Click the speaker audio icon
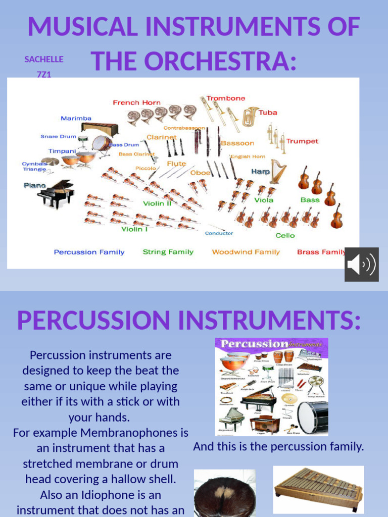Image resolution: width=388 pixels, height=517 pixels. coord(362,265)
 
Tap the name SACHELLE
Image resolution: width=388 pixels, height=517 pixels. coord(44,60)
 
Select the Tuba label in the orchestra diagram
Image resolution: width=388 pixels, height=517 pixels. coord(268,113)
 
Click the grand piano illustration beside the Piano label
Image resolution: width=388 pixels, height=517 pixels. coord(56,192)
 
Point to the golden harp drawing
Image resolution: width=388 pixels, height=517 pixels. coord(277,171)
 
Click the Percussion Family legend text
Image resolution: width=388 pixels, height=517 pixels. coord(89,252)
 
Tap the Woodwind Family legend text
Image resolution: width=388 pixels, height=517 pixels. coord(246,252)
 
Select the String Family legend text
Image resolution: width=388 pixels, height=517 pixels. coord(168,252)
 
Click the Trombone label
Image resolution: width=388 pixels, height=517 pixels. coord(226,98)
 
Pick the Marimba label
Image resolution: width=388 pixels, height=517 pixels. coord(76,119)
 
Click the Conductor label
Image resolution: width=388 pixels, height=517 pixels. coord(219,233)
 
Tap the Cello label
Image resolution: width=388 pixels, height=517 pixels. coord(285,235)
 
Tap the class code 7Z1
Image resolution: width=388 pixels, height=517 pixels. coord(44,75)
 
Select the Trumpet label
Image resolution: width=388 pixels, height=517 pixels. coord(302,141)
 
